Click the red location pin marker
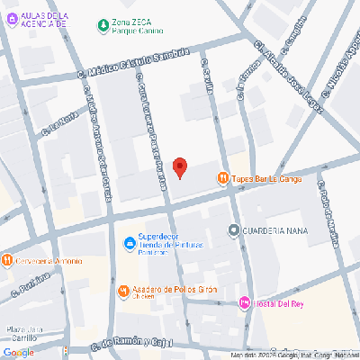pyautogui.click(x=180, y=167)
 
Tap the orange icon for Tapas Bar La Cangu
pyautogui.click(x=223, y=178)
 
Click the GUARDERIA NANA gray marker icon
pyautogui.click(x=234, y=229)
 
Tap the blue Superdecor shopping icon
pyautogui.click(x=129, y=240)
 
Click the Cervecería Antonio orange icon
pyautogui.click(x=6, y=261)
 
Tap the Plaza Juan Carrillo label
pyautogui.click(x=26, y=334)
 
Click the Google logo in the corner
pyautogui.click(x=18, y=352)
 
